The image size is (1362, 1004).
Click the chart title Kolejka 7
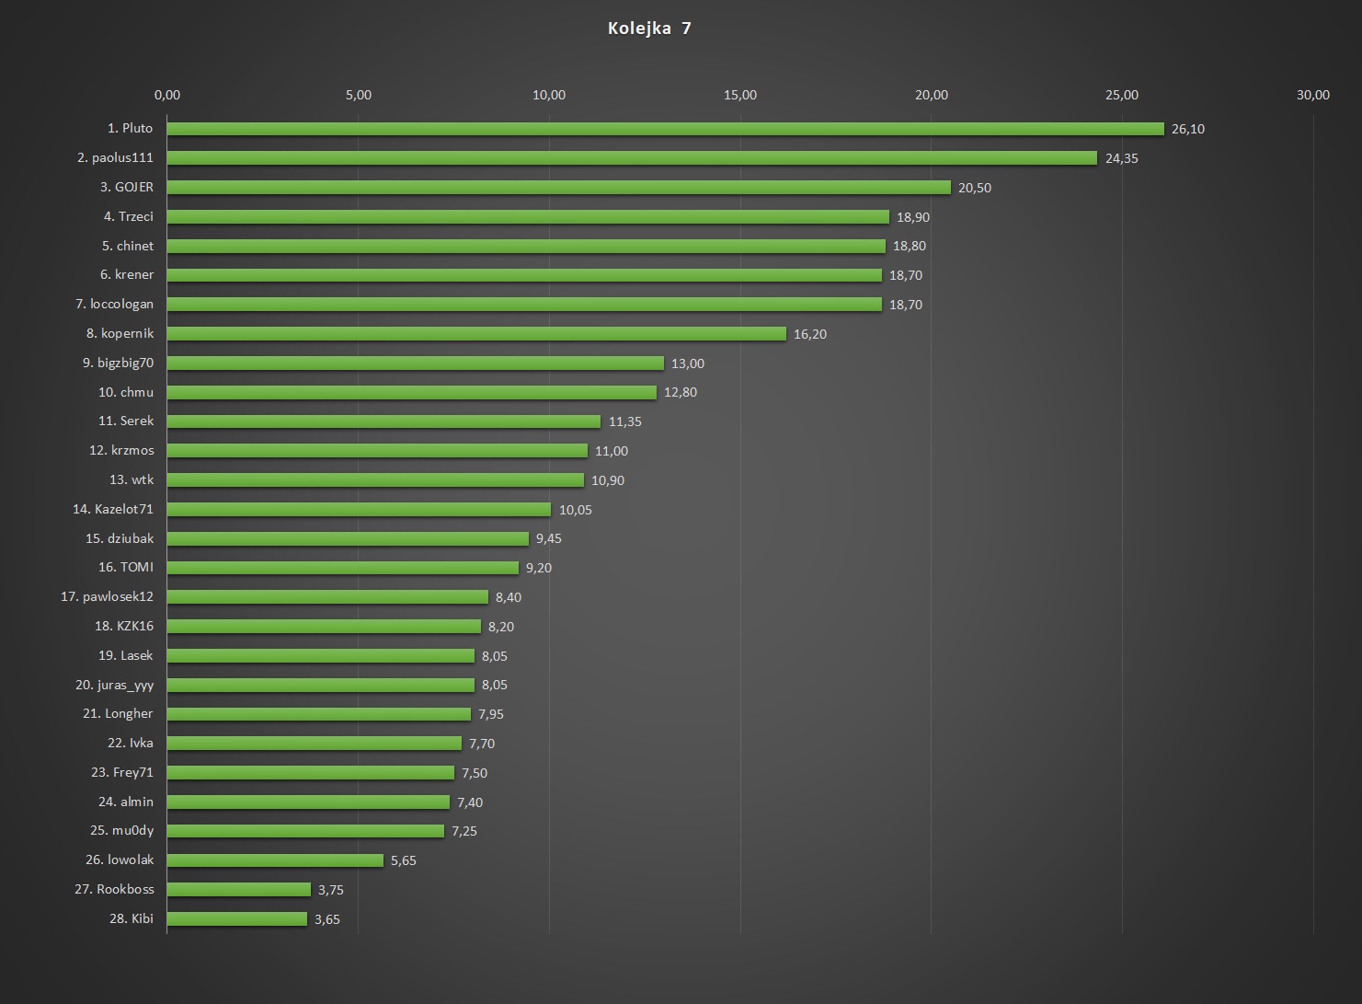(x=649, y=29)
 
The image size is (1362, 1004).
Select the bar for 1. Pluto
(x=665, y=129)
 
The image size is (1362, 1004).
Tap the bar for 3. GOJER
(x=558, y=188)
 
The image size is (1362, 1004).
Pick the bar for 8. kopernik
(x=476, y=334)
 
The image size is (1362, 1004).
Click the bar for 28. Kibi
(x=237, y=918)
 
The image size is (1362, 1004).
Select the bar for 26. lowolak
(x=275, y=860)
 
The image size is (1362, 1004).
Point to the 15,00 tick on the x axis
(x=740, y=95)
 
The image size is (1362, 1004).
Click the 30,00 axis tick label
(x=1312, y=95)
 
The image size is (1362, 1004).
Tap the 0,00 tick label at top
(x=167, y=95)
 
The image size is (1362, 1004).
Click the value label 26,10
(x=1187, y=129)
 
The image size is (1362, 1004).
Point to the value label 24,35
(x=1121, y=158)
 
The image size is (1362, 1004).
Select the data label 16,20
(x=809, y=334)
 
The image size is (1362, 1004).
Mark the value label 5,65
(x=403, y=860)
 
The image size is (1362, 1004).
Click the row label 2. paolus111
(x=115, y=157)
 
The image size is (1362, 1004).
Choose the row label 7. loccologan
(x=114, y=304)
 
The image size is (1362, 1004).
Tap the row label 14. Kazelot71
(x=113, y=509)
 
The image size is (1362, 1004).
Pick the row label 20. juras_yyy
(x=114, y=685)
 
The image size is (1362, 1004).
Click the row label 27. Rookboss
(x=114, y=889)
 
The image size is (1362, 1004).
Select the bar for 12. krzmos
(x=377, y=451)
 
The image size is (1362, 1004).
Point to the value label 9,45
(x=548, y=538)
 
